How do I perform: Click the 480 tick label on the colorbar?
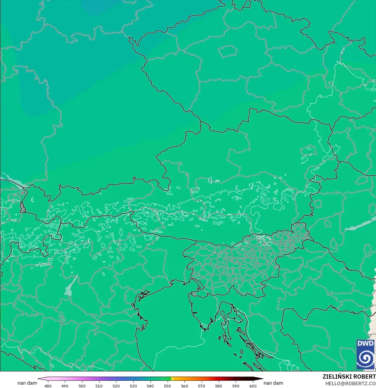(x=48, y=386)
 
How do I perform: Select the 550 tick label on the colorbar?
(x=167, y=386)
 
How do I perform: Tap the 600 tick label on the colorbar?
(x=253, y=386)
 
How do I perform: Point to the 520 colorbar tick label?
(x=116, y=386)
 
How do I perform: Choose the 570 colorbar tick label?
(x=201, y=386)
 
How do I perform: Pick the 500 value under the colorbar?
(x=82, y=386)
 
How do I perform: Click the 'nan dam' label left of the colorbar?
(x=27, y=383)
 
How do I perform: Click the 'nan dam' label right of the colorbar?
(x=273, y=383)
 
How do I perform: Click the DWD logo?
(x=365, y=354)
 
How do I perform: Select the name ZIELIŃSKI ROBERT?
(x=349, y=377)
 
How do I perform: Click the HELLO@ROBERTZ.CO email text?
(x=350, y=383)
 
